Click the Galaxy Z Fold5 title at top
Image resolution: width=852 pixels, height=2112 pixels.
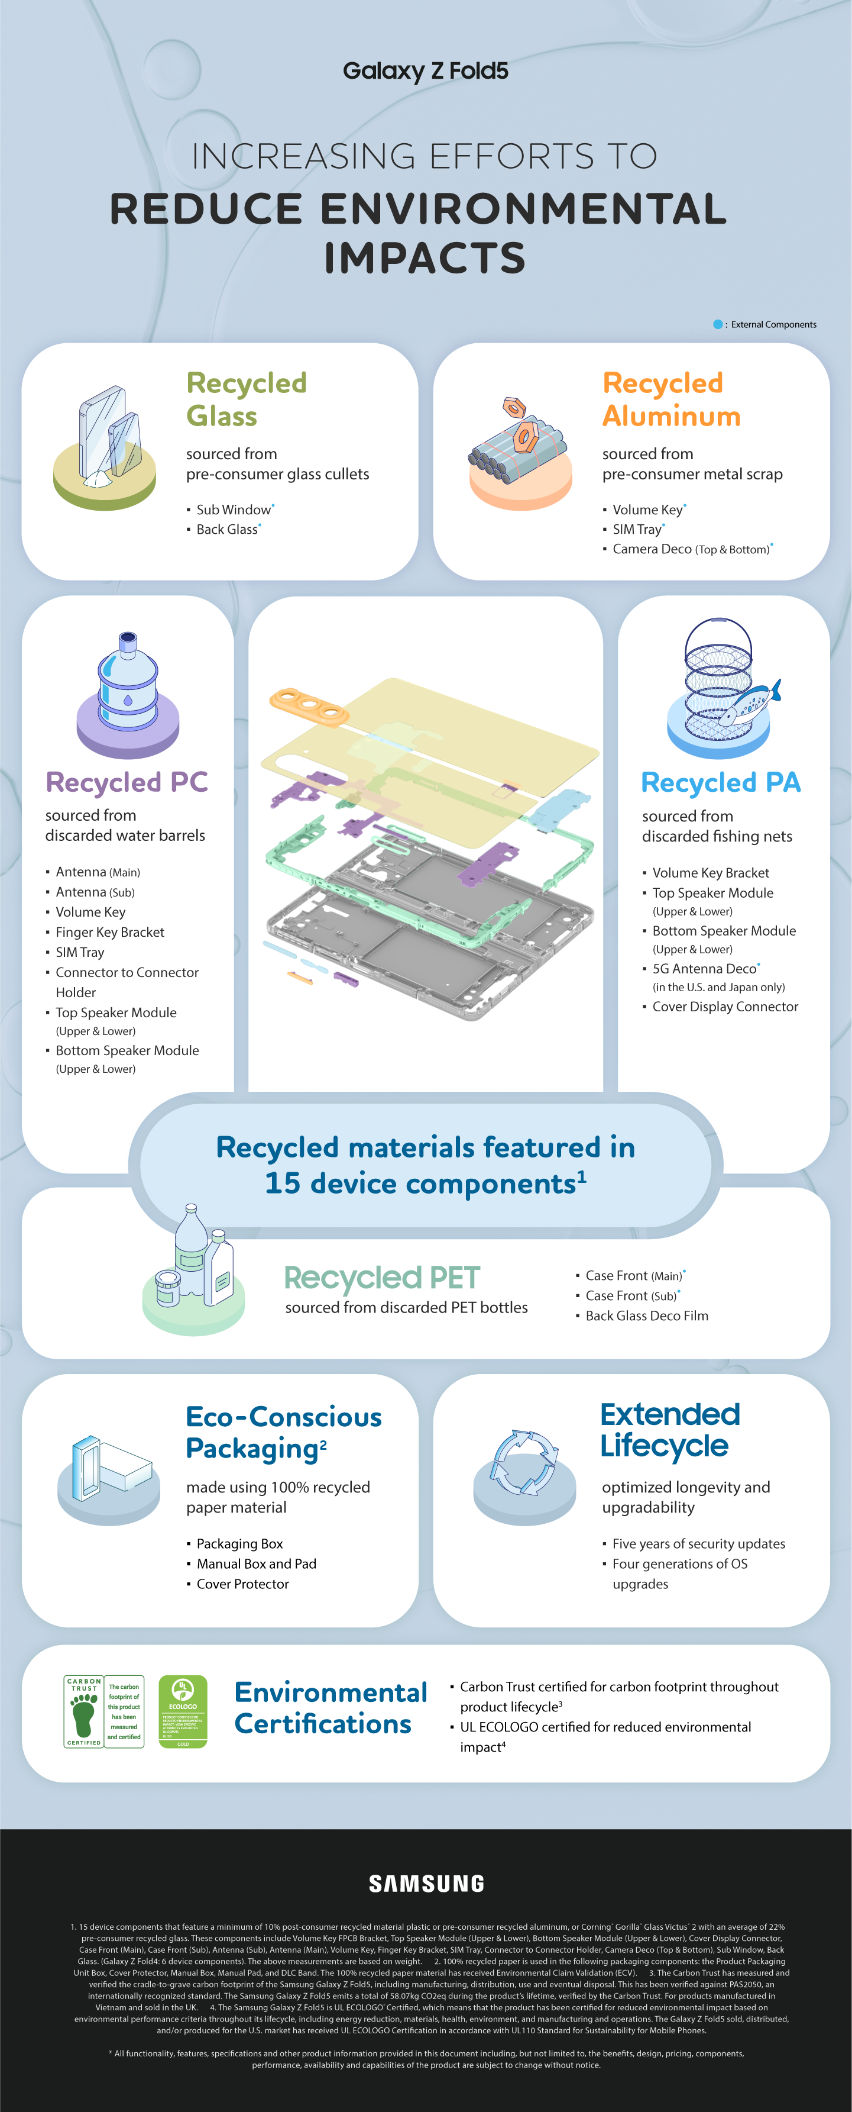click(x=425, y=72)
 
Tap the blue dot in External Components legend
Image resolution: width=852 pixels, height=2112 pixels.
click(x=718, y=325)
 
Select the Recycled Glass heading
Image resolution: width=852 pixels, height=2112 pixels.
click(x=246, y=399)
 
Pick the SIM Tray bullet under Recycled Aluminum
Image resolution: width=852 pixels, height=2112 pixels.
click(x=637, y=530)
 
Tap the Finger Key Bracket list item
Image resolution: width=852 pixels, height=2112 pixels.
click(x=110, y=932)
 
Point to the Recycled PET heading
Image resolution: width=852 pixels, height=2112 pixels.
click(x=382, y=1278)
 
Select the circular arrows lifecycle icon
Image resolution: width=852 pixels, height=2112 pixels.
click(x=524, y=1463)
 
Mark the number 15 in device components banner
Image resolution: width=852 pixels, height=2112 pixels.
click(x=283, y=1183)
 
